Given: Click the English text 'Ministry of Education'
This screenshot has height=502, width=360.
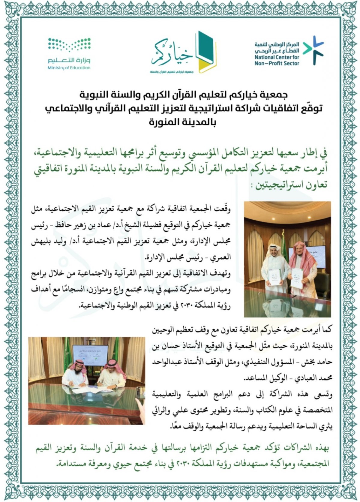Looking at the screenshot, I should (69, 68).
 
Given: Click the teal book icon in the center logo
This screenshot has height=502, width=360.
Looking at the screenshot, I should (204, 48).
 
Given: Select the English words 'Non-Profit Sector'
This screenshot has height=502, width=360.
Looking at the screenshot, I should (277, 63).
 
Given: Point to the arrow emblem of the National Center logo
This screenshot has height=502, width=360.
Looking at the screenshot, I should (313, 50).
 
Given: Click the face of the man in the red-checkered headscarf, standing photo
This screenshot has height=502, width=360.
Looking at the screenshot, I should (301, 251).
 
